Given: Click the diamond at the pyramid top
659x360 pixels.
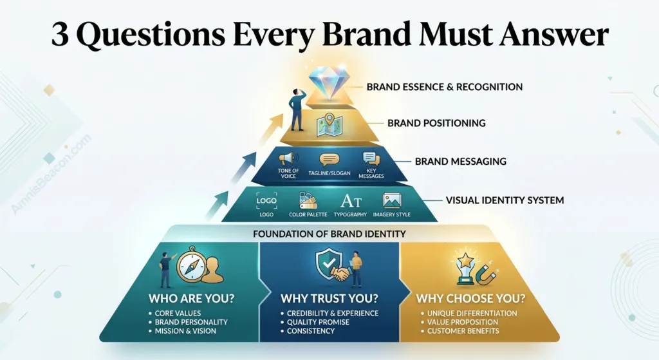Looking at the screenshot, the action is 330,81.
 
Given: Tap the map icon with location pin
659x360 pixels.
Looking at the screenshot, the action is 329,125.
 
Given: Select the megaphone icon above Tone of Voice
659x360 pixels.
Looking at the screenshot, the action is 288,158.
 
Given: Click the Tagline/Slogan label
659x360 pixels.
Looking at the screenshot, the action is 329,173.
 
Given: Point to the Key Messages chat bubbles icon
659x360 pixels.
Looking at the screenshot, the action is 371,159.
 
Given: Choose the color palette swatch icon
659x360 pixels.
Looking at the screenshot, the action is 308,200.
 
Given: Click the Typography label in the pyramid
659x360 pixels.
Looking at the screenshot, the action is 350,214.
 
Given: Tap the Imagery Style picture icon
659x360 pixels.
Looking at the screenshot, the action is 392,200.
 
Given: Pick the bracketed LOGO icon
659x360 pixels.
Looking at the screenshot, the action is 266,200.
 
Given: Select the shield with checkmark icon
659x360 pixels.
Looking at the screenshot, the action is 328,263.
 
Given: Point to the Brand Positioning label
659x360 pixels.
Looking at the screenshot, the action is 436,123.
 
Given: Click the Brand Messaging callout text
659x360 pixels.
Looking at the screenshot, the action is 461,162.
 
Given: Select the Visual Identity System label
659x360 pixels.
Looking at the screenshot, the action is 505,200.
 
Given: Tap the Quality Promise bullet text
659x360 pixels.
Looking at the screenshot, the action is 318,322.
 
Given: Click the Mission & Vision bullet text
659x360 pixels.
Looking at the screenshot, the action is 185,331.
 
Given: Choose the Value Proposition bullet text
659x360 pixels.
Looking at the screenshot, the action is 463,322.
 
